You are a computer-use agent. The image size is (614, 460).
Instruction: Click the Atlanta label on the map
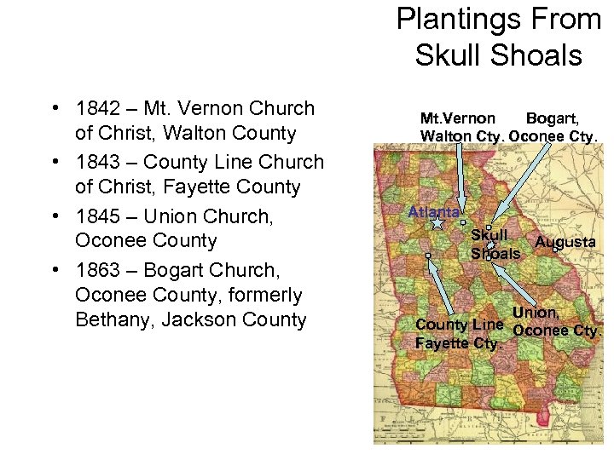pos(434,211)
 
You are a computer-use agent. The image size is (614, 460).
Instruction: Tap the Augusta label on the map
pos(565,242)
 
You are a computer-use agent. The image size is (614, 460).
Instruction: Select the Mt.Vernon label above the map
pos(457,118)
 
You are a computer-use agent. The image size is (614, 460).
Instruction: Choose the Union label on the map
pos(536,313)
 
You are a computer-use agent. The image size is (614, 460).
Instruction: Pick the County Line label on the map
pos(459,325)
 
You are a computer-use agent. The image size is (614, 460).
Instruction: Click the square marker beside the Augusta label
pos(555,250)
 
